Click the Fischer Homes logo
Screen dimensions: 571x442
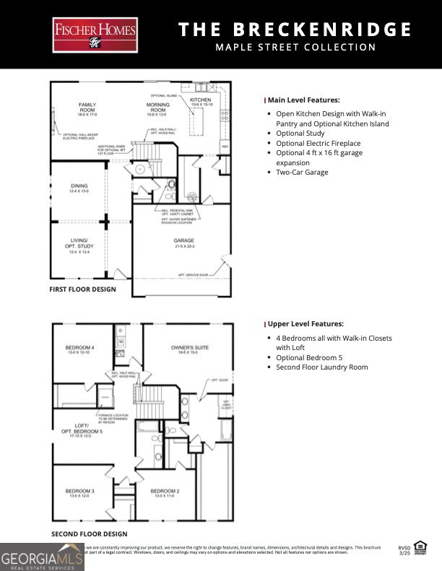[x=95, y=35]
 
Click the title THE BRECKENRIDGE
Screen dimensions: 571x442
[x=295, y=30]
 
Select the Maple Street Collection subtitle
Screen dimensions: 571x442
[x=295, y=48]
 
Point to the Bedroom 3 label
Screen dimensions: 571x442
[x=80, y=493]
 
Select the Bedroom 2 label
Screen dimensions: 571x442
[x=164, y=493]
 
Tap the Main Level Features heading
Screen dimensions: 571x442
[x=303, y=100]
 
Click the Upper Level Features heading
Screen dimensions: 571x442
[x=305, y=324]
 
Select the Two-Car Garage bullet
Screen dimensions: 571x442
[x=302, y=173]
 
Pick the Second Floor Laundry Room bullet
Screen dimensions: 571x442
[x=321, y=367]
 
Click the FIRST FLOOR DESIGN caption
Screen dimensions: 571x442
[x=83, y=289]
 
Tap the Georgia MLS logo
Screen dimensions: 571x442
[x=42, y=557]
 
